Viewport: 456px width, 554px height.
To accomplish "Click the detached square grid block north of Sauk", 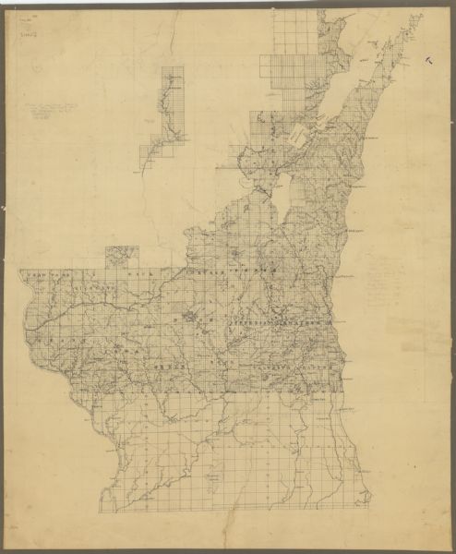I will (122, 256).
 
